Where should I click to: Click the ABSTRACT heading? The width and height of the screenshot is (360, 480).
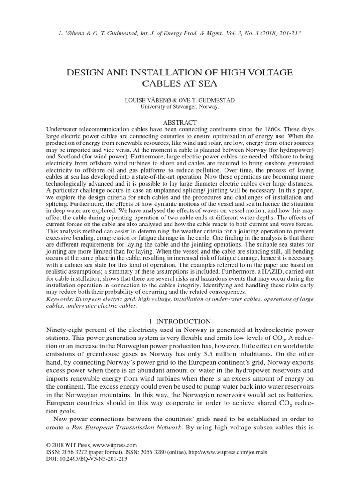tap(180, 121)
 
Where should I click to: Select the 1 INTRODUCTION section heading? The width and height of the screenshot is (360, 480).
tap(180, 322)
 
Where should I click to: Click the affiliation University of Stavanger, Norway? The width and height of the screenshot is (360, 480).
tap(180, 106)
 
